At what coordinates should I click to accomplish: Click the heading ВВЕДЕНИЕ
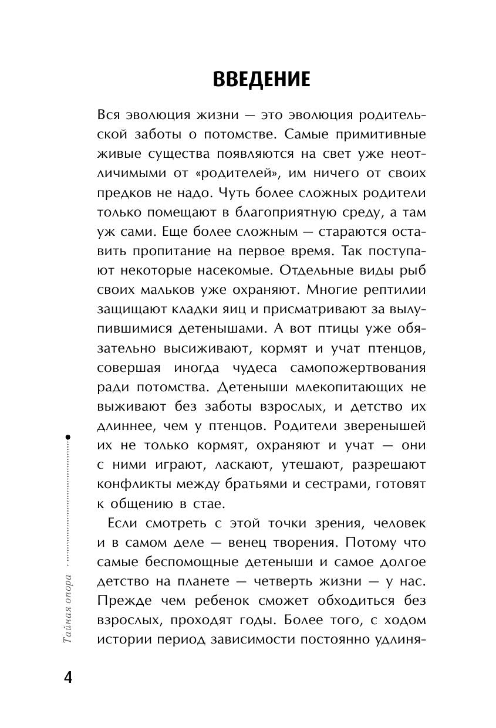261,78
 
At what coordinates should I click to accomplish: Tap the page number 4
68,677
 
